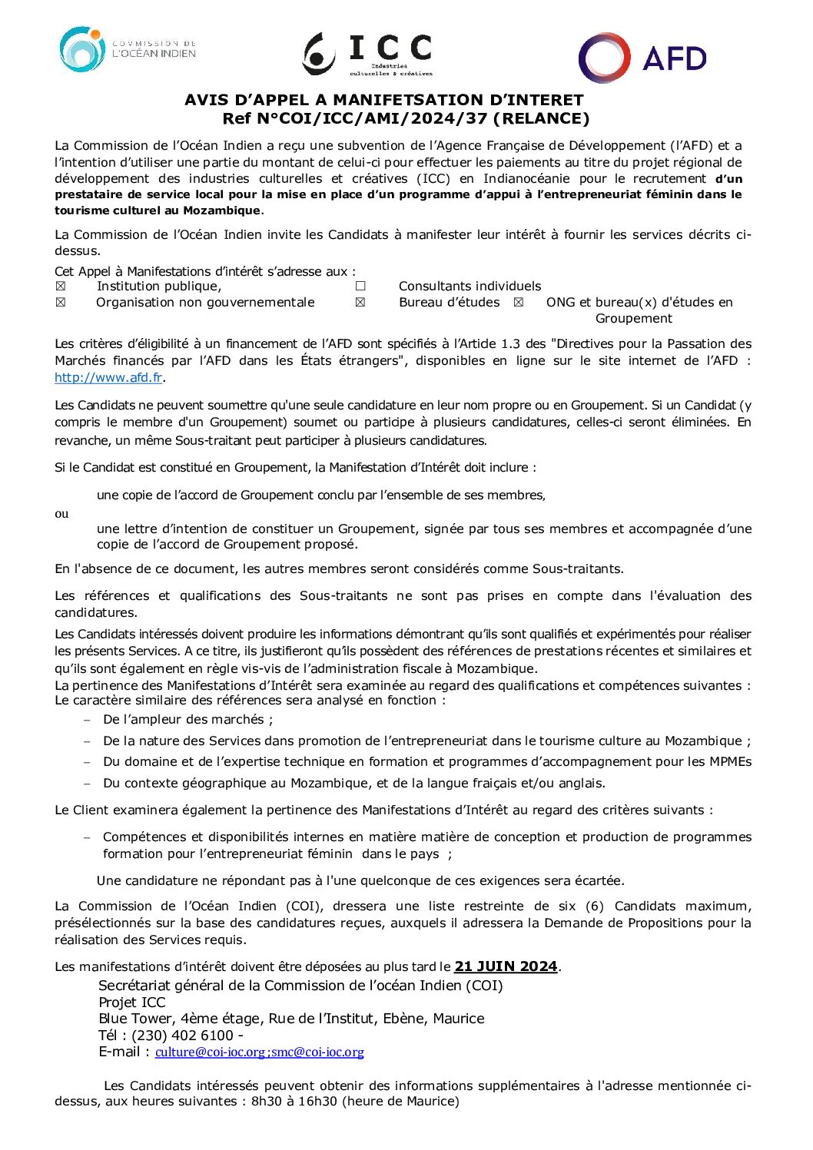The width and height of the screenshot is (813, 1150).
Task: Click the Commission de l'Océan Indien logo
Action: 128,50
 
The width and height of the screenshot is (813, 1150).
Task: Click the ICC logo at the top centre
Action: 367,54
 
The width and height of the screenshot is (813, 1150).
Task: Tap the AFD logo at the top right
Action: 642,58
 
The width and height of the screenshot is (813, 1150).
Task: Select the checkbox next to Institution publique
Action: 61,287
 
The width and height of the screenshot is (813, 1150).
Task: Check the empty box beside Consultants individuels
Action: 360,287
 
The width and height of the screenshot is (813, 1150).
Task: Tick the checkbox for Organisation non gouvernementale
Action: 61,303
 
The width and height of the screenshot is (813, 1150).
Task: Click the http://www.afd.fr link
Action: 108,377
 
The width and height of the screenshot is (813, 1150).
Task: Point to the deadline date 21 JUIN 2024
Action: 506,966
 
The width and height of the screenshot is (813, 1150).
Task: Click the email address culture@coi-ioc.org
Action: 210,1052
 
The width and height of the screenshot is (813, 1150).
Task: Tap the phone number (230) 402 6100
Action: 182,1036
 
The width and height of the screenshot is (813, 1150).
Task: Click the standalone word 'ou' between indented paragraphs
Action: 61,514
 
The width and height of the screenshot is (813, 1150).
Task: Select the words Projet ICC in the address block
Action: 132,1003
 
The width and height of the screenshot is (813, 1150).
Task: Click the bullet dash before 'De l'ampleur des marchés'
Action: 87,720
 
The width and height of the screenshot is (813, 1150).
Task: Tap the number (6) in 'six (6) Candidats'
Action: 594,906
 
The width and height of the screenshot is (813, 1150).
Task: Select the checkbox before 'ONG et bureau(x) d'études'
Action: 519,303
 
